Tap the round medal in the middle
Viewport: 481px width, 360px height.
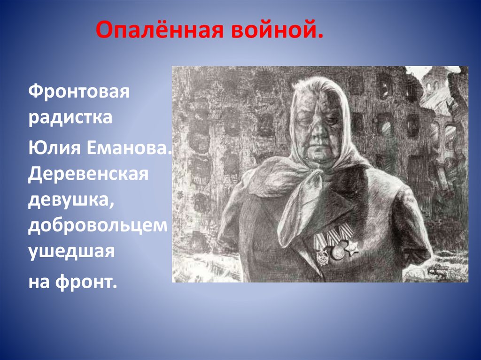(336, 253)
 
